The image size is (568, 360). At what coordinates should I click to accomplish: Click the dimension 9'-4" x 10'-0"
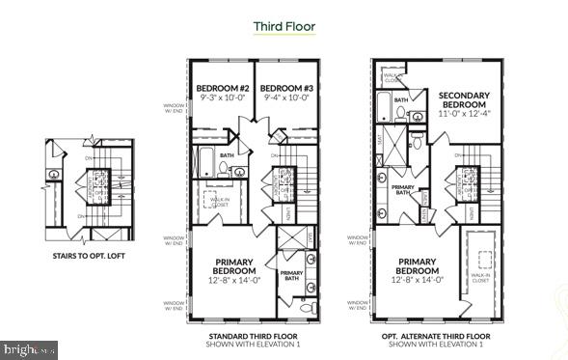pos(284,97)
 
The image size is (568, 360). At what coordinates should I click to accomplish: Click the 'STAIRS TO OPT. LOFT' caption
pos(84,257)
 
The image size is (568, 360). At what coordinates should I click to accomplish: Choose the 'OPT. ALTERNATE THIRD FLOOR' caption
pos(435,335)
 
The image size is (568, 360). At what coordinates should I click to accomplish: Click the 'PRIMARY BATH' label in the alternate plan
pos(402,190)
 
